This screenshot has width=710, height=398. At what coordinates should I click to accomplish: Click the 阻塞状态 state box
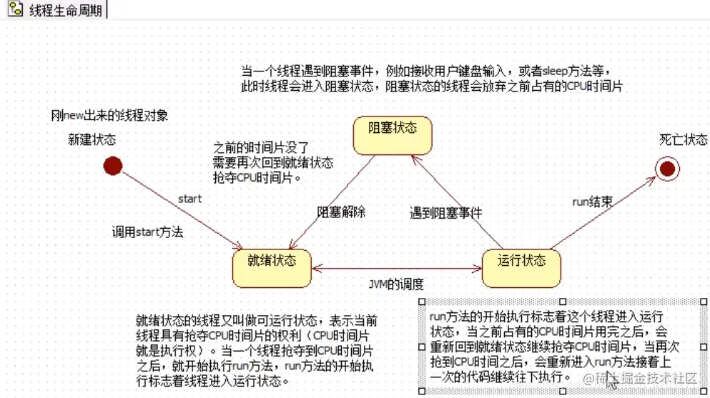(x=393, y=135)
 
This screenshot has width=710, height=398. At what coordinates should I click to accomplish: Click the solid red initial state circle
(x=112, y=166)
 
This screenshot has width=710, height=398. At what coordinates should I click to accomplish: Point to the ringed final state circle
(x=668, y=168)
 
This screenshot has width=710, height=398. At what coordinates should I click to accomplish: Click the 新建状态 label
(x=92, y=139)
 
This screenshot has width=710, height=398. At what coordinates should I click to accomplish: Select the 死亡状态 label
(x=683, y=139)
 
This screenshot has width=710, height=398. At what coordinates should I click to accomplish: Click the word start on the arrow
(x=189, y=199)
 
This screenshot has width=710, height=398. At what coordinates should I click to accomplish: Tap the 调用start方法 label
(x=147, y=232)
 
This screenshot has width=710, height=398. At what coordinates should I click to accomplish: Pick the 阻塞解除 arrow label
(x=341, y=212)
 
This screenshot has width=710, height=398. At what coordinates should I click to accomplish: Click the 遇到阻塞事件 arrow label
(x=445, y=212)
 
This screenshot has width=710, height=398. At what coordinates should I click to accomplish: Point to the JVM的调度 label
(x=396, y=284)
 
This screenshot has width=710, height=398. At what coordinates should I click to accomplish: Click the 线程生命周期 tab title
(x=65, y=12)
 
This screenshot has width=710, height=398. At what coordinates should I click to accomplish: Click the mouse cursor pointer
(x=611, y=379)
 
